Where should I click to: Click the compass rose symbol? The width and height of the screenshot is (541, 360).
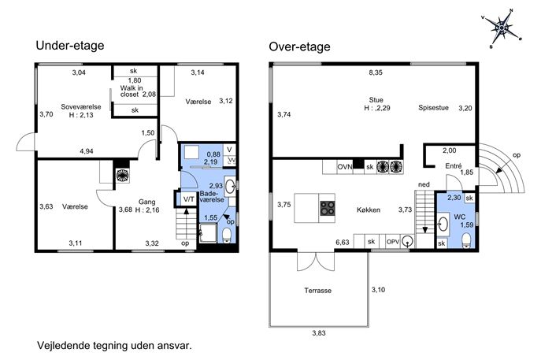pyautogui.click(x=502, y=28)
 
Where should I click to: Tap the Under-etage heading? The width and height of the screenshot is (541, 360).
pyautogui.click(x=70, y=46)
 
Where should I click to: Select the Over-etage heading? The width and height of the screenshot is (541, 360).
pyautogui.click(x=299, y=46)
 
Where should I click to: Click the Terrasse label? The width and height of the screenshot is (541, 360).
pyautogui.click(x=318, y=291)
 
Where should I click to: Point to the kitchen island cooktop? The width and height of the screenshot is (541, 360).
pyautogui.click(x=327, y=208)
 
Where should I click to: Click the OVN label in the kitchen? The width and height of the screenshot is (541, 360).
pyautogui.click(x=345, y=167)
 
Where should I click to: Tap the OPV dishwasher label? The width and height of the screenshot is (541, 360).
pyautogui.click(x=393, y=242)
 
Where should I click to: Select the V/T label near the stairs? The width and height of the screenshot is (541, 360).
pyautogui.click(x=189, y=199)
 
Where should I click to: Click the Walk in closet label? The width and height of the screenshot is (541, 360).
pyautogui.click(x=132, y=91)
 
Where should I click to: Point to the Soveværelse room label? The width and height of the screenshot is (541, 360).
pyautogui.click(x=81, y=106)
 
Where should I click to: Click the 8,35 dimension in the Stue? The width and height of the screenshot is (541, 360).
pyautogui.click(x=376, y=72)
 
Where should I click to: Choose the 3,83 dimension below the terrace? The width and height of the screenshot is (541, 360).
pyautogui.click(x=319, y=333)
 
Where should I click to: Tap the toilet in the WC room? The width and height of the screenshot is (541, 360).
pyautogui.click(x=466, y=240)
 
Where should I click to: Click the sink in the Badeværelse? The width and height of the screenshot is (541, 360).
pyautogui.click(x=230, y=187)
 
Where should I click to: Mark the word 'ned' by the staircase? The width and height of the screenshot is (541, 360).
pyautogui.click(x=424, y=184)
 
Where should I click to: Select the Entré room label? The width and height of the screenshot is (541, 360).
pyautogui.click(x=454, y=166)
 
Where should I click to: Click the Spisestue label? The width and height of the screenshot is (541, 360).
pyautogui.click(x=433, y=108)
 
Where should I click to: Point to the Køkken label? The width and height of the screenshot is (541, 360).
pyautogui.click(x=369, y=210)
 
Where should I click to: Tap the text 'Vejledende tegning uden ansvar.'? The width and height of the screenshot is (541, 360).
pyautogui.click(x=114, y=346)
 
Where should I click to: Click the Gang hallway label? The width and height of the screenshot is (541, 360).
pyautogui.click(x=147, y=202)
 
